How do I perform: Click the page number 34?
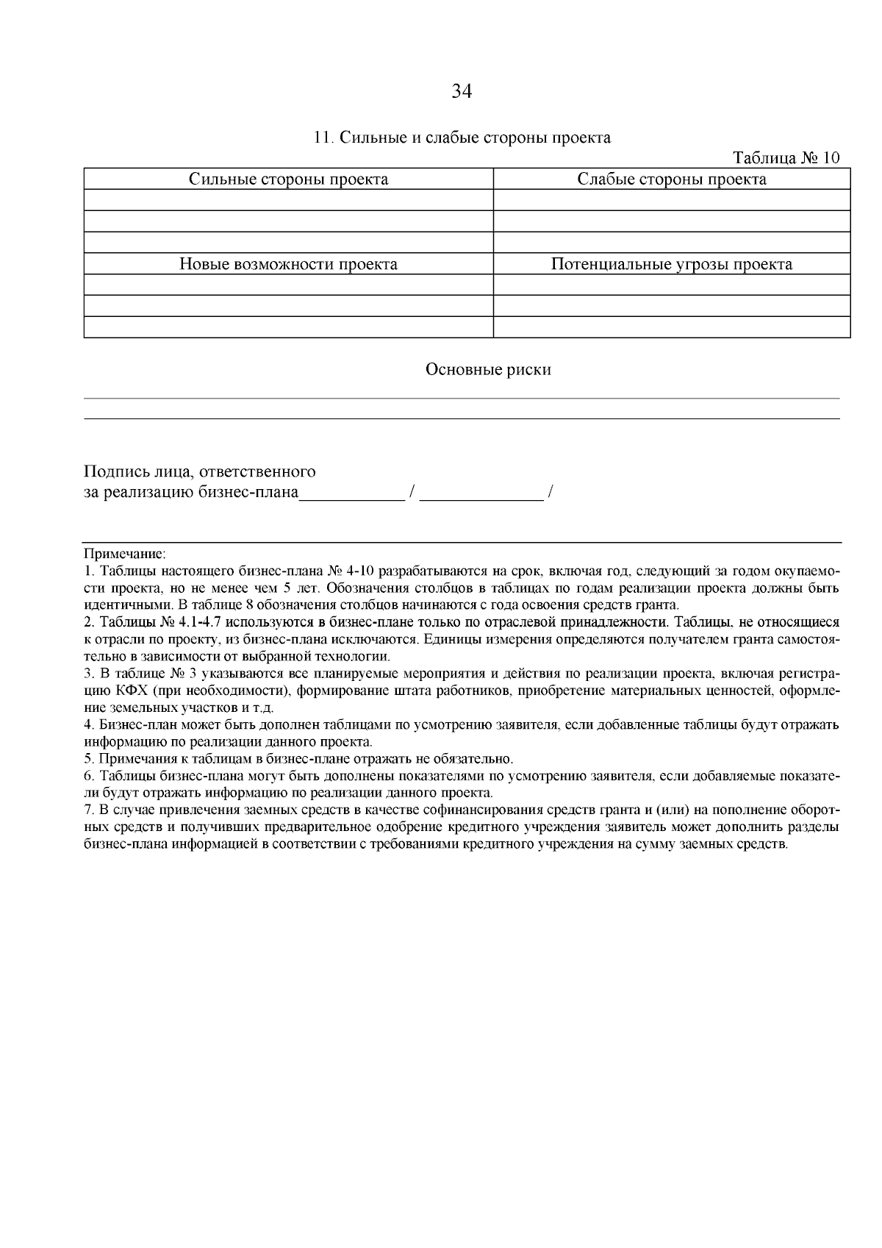click(461, 91)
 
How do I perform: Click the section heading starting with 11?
click(462, 138)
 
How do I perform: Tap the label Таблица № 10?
click(786, 158)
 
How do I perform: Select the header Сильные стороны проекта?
click(289, 179)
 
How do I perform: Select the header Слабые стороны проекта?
click(671, 179)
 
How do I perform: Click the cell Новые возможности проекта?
click(289, 265)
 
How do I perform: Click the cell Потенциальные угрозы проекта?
click(671, 265)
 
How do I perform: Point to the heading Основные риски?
click(488, 370)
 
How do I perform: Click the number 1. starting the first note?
click(90, 571)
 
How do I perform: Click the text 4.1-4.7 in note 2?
click(201, 621)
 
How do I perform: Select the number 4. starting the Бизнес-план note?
click(90, 724)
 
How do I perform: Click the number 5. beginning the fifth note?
click(90, 758)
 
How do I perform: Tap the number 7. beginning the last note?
click(90, 810)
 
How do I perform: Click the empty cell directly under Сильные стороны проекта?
click(289, 200)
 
